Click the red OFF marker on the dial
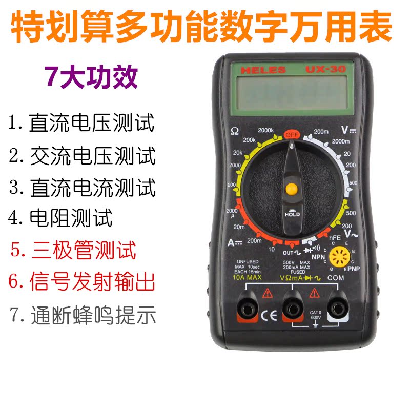click(x=291, y=135)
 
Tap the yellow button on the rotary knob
click(x=292, y=189)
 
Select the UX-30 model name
click(x=325, y=69)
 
